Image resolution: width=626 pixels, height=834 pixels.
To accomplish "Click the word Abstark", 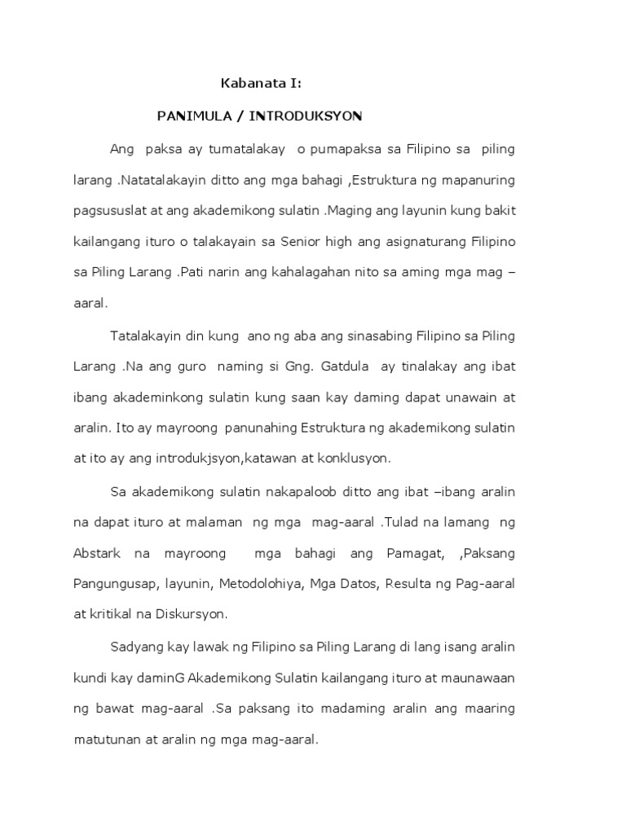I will click(x=97, y=554).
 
